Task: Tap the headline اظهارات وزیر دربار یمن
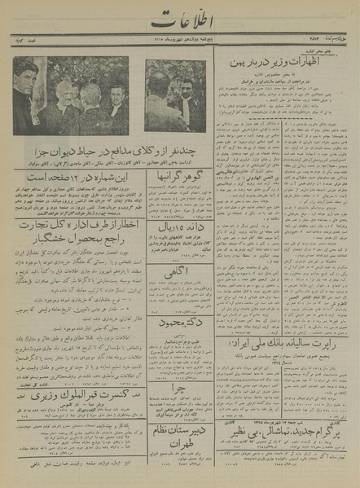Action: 285,64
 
